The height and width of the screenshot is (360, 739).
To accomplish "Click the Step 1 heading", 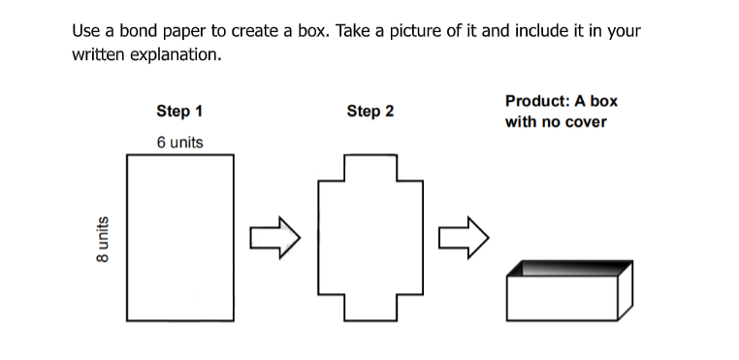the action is point(179,112).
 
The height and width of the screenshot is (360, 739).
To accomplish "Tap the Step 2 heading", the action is point(369,112).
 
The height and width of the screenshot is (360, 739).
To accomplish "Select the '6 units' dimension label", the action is point(180,142).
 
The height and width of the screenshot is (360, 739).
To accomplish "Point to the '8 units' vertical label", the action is point(102,240).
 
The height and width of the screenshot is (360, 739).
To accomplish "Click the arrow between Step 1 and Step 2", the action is point(274,238).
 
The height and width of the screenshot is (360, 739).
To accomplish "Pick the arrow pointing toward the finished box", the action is point(464,238).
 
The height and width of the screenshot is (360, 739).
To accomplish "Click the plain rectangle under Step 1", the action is point(180,238).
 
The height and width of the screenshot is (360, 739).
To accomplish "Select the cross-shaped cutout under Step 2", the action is point(370,238).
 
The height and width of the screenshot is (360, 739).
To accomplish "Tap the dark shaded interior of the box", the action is point(570,268).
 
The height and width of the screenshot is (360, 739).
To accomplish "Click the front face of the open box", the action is point(562,298).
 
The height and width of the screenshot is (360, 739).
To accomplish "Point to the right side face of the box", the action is point(626,291).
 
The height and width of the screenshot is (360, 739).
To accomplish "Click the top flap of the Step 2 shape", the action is point(370,168).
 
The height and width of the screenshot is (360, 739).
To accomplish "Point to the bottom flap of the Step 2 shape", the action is point(370,309).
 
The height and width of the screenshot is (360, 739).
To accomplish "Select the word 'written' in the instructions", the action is point(99,54).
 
